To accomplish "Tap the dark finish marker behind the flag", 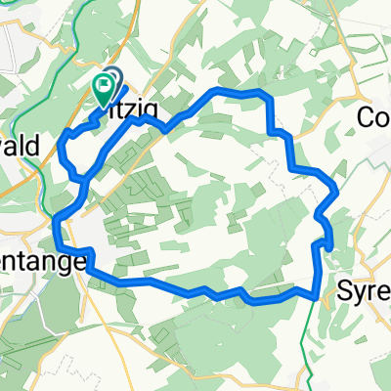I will (112, 81).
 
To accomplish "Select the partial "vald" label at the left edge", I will (20, 147).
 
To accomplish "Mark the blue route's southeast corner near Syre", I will (318, 291).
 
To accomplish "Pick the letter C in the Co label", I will (367, 116).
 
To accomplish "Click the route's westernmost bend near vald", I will (63, 147).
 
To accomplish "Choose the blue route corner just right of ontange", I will (91, 264).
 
